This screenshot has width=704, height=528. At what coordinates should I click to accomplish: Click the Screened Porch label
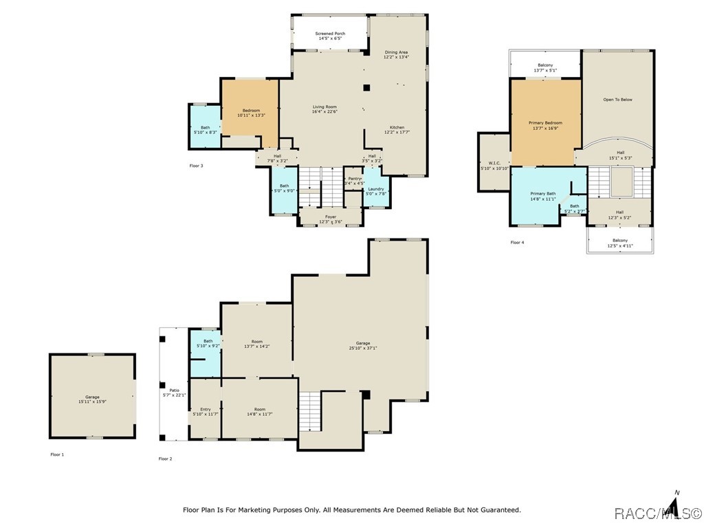pos(330,36)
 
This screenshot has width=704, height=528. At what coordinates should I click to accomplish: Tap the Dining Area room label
pos(396,54)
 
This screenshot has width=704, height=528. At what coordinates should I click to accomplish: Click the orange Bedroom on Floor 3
pos(250,113)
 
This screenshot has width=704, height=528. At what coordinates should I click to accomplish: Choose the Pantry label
pos(354,181)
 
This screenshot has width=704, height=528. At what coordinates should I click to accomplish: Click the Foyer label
pos(331,219)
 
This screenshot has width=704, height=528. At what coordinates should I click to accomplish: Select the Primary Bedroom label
pos(545,125)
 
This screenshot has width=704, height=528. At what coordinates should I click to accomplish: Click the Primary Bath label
pos(542,196)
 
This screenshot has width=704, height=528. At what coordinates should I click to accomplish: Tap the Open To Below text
pos(617,100)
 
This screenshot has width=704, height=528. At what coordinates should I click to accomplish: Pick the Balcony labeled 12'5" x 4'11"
pos(619,243)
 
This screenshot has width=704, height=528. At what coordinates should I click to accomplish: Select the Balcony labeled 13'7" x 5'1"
pos(545,67)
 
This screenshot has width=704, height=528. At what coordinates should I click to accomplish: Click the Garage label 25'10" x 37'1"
pos(362,345)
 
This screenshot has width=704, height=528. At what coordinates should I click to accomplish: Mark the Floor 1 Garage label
pos(92,399)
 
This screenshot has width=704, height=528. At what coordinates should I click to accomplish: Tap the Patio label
pos(164,393)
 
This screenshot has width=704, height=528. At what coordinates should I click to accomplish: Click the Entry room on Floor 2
pos(205,411)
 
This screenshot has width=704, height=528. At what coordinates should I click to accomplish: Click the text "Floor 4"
pos(517,243)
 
